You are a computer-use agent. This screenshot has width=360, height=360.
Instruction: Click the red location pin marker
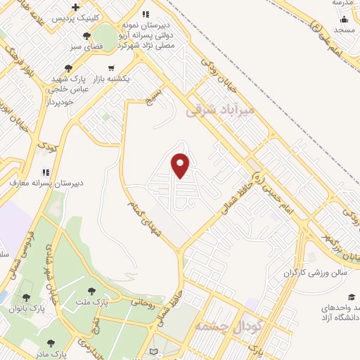pos(181,165)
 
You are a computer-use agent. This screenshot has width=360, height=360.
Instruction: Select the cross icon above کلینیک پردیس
pos(75,7)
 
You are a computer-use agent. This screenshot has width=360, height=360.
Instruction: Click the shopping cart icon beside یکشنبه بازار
pos(111,68)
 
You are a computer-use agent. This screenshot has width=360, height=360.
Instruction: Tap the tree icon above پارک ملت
pos(91,290)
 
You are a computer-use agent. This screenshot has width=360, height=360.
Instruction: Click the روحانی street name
pos(142,304)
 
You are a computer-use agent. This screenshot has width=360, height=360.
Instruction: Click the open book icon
pos(155,351)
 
